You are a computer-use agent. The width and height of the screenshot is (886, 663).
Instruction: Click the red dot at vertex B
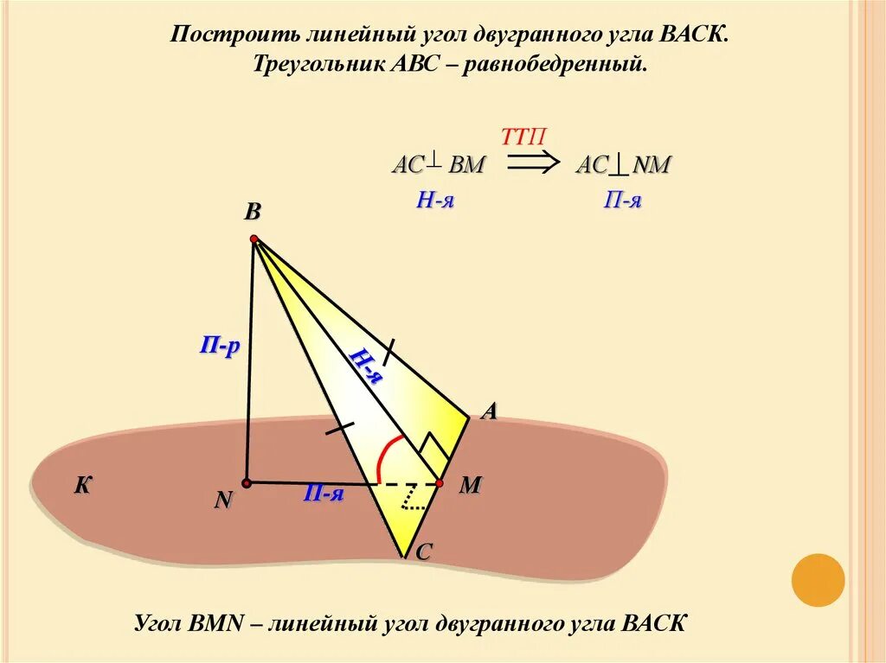click(254, 239)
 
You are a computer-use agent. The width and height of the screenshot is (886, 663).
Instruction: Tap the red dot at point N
click(247, 482)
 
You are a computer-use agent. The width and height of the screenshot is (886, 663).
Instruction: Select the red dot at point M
click(440, 482)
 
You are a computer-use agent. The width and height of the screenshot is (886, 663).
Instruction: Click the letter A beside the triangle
click(489, 412)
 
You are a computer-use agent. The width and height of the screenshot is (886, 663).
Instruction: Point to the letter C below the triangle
click(424, 554)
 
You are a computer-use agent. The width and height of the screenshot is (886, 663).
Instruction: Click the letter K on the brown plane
click(82, 486)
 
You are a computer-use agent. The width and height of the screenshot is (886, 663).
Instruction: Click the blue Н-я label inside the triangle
click(365, 364)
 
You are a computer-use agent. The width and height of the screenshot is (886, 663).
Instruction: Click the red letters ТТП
click(523, 137)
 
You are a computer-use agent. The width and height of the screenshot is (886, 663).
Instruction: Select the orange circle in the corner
click(818, 579)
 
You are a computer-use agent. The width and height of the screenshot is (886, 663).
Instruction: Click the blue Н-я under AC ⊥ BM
click(435, 201)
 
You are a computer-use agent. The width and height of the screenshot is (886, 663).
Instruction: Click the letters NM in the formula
click(652, 165)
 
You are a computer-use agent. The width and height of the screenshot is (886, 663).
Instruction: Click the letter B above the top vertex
click(253, 212)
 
